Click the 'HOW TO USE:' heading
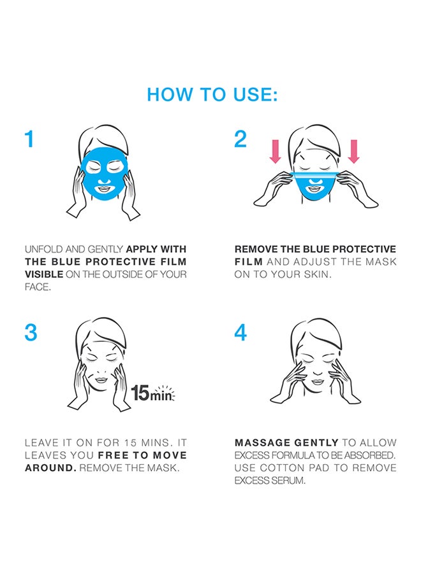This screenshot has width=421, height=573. coord(212,94)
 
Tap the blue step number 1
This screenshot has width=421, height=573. coord(29,139)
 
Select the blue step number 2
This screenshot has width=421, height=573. coord(240,139)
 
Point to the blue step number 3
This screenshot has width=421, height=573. coord(31,332)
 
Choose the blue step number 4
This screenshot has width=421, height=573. coord(240,332)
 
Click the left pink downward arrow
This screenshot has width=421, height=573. coord(275,151)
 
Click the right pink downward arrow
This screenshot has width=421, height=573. coord(353,151)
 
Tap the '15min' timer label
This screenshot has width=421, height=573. coord(152,393)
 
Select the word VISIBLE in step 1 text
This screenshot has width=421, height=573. coord(44,274)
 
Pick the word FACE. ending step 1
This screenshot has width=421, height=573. coord(38,287)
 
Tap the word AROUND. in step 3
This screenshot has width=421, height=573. coord(50,468)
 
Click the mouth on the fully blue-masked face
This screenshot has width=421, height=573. coord(104,189)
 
